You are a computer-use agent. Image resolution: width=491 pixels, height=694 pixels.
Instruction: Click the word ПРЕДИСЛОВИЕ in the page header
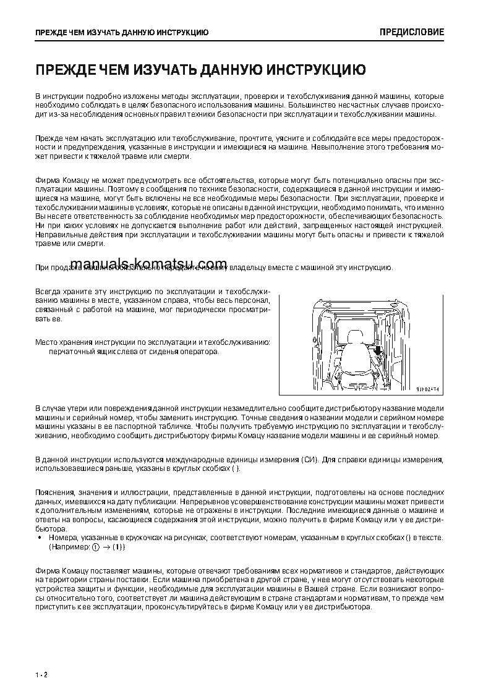click(411, 32)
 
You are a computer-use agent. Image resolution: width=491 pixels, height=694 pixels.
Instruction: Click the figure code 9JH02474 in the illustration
click(427, 389)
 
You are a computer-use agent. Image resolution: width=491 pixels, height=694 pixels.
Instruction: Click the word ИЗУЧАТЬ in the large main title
click(163, 69)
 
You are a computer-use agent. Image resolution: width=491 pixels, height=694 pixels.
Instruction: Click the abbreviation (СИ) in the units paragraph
click(311, 460)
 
